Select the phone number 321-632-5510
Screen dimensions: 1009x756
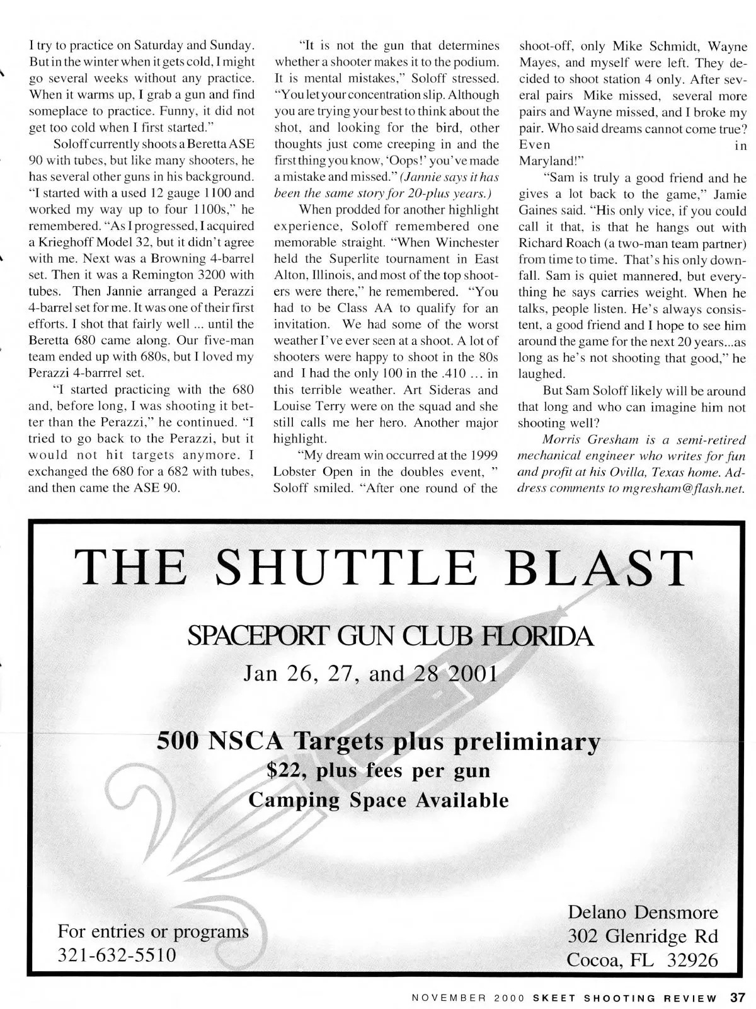coord(117,955)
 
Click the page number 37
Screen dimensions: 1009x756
coord(738,998)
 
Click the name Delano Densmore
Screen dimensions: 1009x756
coord(643,912)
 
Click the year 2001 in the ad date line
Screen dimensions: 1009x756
coord(472,674)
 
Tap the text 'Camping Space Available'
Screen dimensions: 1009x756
coord(379,800)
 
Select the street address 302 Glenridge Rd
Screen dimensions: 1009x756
coord(643,936)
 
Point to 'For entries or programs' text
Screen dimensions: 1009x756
coord(153,931)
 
